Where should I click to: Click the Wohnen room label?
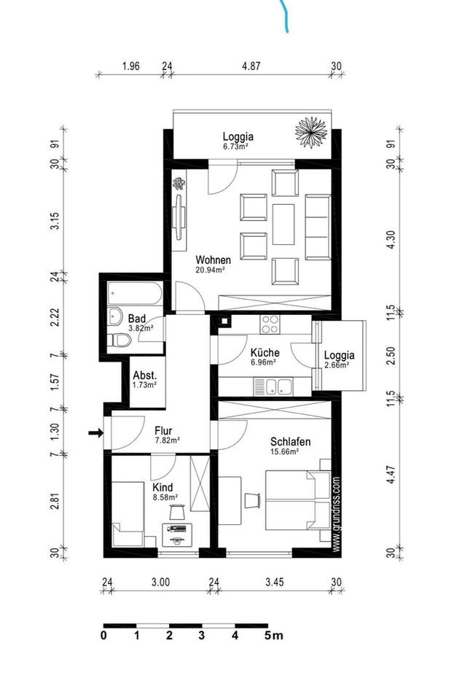pyautogui.click(x=214, y=260)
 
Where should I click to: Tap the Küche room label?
pyautogui.click(x=265, y=352)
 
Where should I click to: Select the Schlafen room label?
pyautogui.click(x=291, y=442)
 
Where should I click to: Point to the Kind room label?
pyautogui.click(x=163, y=487)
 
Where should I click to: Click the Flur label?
pyautogui.click(x=163, y=431)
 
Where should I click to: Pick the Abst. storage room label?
pyautogui.click(x=144, y=376)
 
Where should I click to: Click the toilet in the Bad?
pyautogui.click(x=119, y=340)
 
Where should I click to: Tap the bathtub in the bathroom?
pyautogui.click(x=135, y=294)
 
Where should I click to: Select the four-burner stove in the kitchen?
pyautogui.click(x=270, y=324)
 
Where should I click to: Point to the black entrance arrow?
pyautogui.click(x=95, y=432)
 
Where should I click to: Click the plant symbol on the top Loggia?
pyautogui.click(x=311, y=132)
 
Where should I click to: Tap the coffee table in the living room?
pyautogui.click(x=284, y=224)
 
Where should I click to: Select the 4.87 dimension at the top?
pyautogui.click(x=251, y=66)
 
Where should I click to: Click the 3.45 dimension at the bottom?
pyautogui.click(x=274, y=582)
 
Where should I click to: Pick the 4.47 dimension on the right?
pyautogui.click(x=391, y=475)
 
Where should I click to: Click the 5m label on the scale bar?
pyautogui.click(x=273, y=635)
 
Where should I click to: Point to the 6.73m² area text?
pyautogui.click(x=235, y=147)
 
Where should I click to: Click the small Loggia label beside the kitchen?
pyautogui.click(x=339, y=355)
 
